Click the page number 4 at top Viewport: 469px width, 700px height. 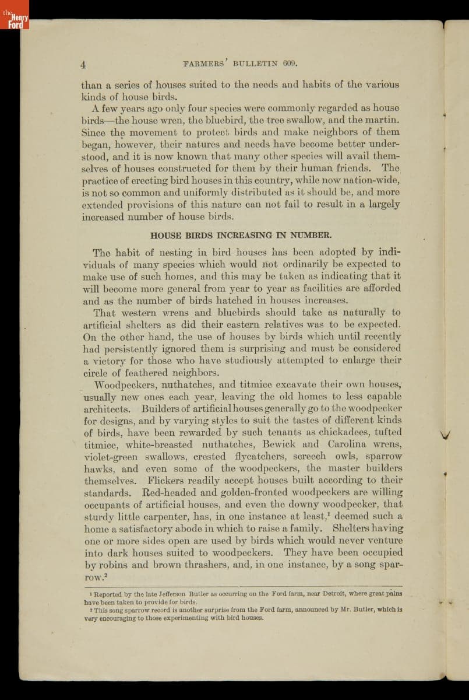(x=84, y=64)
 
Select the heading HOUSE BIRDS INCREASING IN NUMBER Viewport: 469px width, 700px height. (x=241, y=236)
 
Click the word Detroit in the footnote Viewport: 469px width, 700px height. (x=330, y=594)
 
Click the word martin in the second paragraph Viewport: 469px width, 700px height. (x=383, y=120)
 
